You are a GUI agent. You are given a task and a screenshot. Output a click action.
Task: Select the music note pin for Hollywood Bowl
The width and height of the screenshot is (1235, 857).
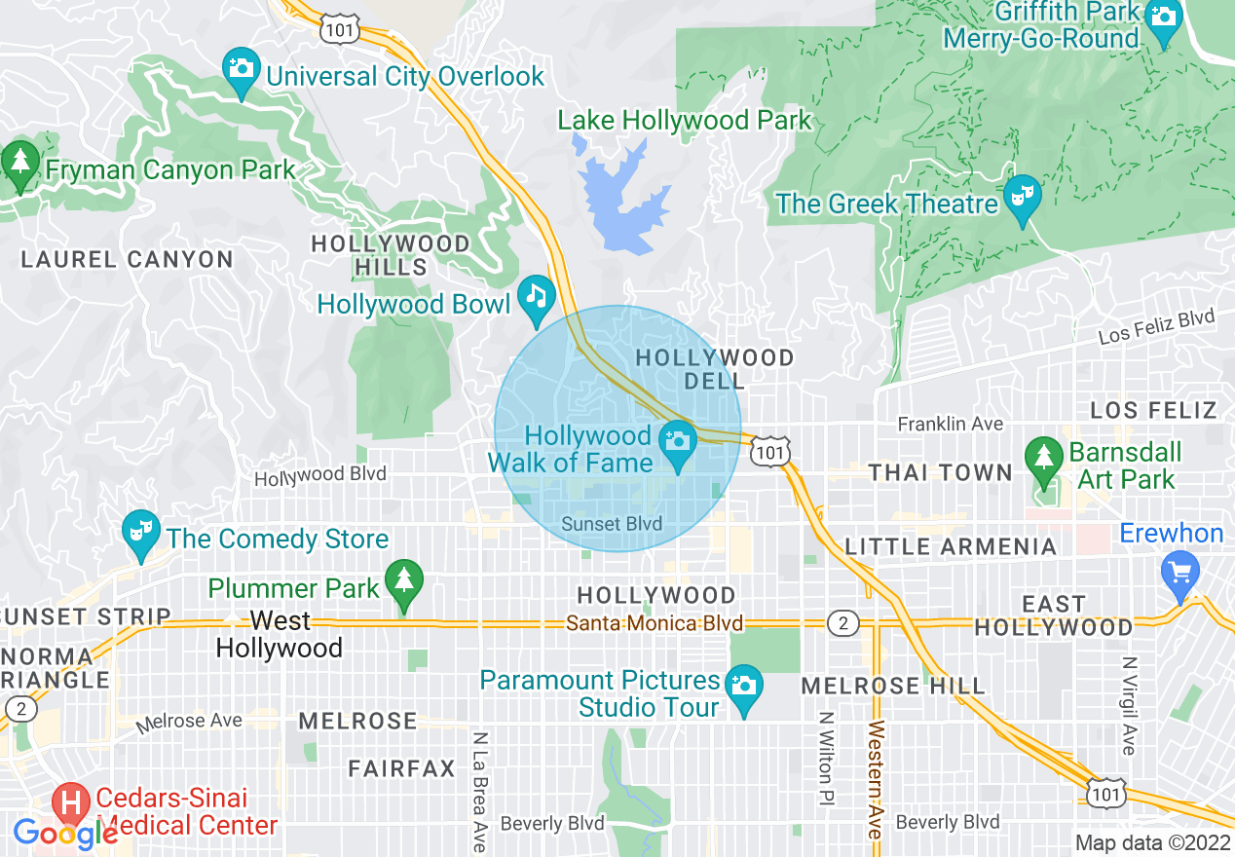coord(536,297)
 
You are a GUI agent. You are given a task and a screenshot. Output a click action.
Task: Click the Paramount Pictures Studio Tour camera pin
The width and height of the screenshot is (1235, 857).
coord(744,687)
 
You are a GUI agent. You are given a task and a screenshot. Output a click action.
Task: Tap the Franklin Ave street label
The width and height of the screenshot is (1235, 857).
coord(950,424)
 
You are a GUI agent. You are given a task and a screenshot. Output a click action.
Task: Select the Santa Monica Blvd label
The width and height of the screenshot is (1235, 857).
coord(655,623)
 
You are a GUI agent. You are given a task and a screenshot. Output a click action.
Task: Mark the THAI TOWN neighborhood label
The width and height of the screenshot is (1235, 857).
coord(940,473)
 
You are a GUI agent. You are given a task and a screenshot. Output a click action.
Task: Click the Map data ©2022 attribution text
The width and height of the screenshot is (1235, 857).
coord(1152,842)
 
